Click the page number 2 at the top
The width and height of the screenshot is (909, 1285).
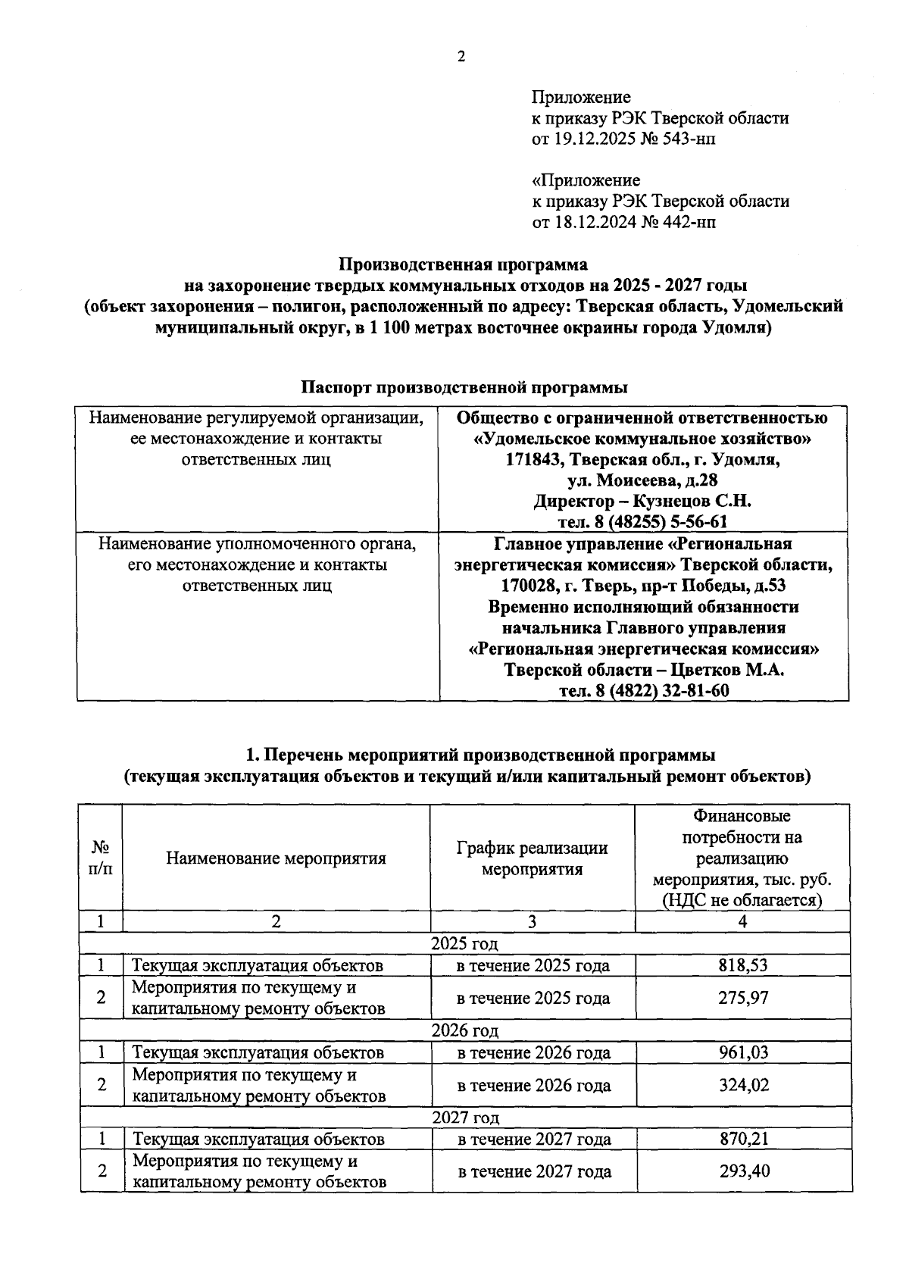point(461,57)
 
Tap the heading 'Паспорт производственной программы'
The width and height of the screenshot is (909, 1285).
point(464,387)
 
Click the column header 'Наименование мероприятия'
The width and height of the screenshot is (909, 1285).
point(276,858)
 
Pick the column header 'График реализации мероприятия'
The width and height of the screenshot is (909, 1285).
point(532,858)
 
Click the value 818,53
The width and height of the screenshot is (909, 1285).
point(742,965)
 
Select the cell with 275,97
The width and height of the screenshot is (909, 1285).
point(742,998)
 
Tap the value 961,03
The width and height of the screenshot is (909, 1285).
point(742,1052)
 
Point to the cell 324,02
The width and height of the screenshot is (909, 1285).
point(743,1085)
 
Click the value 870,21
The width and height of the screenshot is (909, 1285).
point(743,1139)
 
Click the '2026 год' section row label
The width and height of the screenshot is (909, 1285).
point(465,1030)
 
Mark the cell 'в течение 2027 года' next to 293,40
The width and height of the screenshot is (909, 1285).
point(534,1171)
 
